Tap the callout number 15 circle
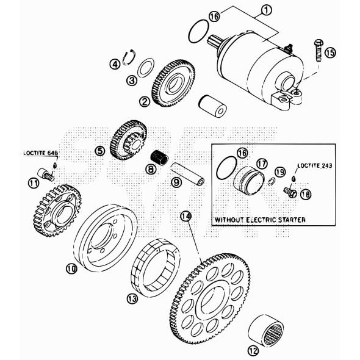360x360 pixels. [330, 53]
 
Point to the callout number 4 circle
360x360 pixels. [114, 63]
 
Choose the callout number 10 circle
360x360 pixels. [71, 267]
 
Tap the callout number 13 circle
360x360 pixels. [132, 298]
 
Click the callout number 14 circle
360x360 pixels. [186, 216]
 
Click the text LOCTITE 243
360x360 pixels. [315, 165]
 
